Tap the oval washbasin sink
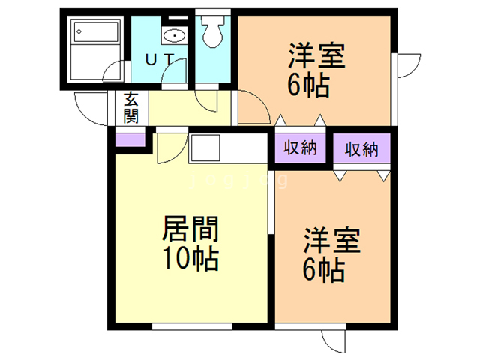(175, 34)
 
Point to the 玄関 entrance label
(130, 107)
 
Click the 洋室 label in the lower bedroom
(332, 241)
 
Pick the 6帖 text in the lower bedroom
(324, 269)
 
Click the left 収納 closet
(299, 148)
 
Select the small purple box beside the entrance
(129, 138)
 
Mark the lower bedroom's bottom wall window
(314, 326)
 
